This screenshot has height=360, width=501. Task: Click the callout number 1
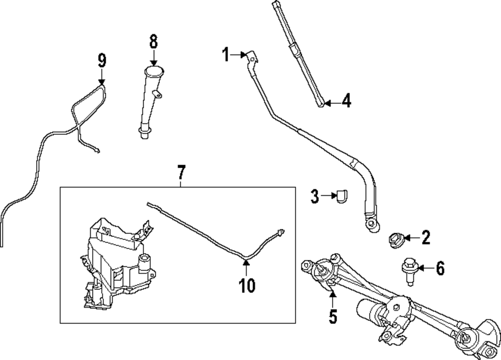tap(225, 54)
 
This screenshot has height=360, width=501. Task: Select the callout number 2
tap(425, 237)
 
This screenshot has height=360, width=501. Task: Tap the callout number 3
tap(315, 197)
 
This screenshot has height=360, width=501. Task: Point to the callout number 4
tap(346, 102)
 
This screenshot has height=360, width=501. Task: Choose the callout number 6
tap(439, 268)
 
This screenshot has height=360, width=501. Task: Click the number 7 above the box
tap(181, 173)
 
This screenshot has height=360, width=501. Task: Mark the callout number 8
tap(153, 41)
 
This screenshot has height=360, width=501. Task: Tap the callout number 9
tap(102, 61)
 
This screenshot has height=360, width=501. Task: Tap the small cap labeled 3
tap(342, 196)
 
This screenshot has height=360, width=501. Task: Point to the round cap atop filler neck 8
tap(154, 70)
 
